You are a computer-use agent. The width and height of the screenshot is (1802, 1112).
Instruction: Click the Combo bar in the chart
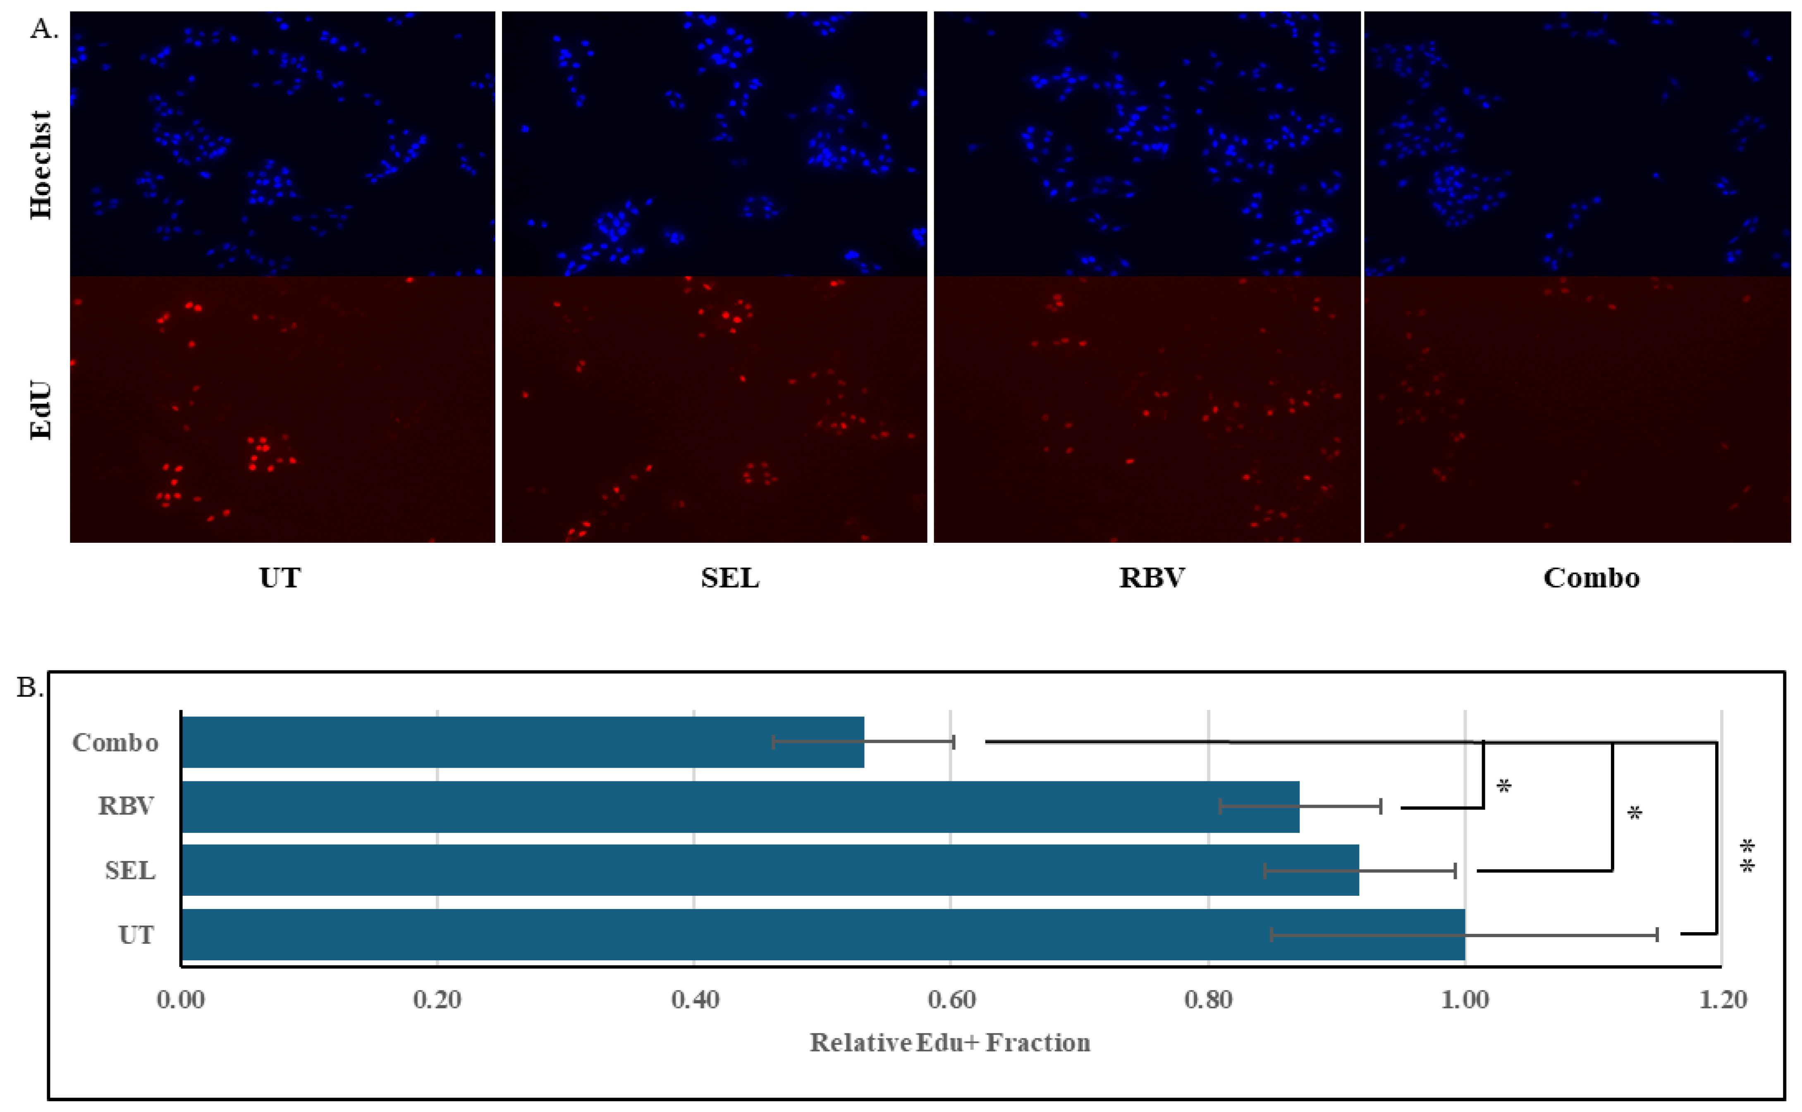[x=522, y=742]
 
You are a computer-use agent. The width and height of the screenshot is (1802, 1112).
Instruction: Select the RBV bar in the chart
[x=739, y=807]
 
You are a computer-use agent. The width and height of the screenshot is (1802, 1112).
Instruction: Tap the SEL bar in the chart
[x=769, y=871]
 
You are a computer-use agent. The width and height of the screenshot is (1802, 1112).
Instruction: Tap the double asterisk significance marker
[x=1747, y=857]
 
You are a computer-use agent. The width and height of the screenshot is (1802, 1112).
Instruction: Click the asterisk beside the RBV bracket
[x=1504, y=787]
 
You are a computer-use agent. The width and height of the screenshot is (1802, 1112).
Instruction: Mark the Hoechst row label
[x=41, y=165]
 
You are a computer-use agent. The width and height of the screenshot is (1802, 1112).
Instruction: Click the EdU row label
[x=41, y=410]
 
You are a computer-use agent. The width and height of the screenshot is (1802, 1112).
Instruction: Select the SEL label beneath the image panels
[x=730, y=578]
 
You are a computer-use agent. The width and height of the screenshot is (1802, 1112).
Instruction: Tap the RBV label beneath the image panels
[x=1152, y=578]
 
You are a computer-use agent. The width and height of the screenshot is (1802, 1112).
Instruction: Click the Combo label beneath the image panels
[x=1591, y=578]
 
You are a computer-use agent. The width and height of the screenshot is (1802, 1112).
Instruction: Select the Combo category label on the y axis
[x=115, y=743]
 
